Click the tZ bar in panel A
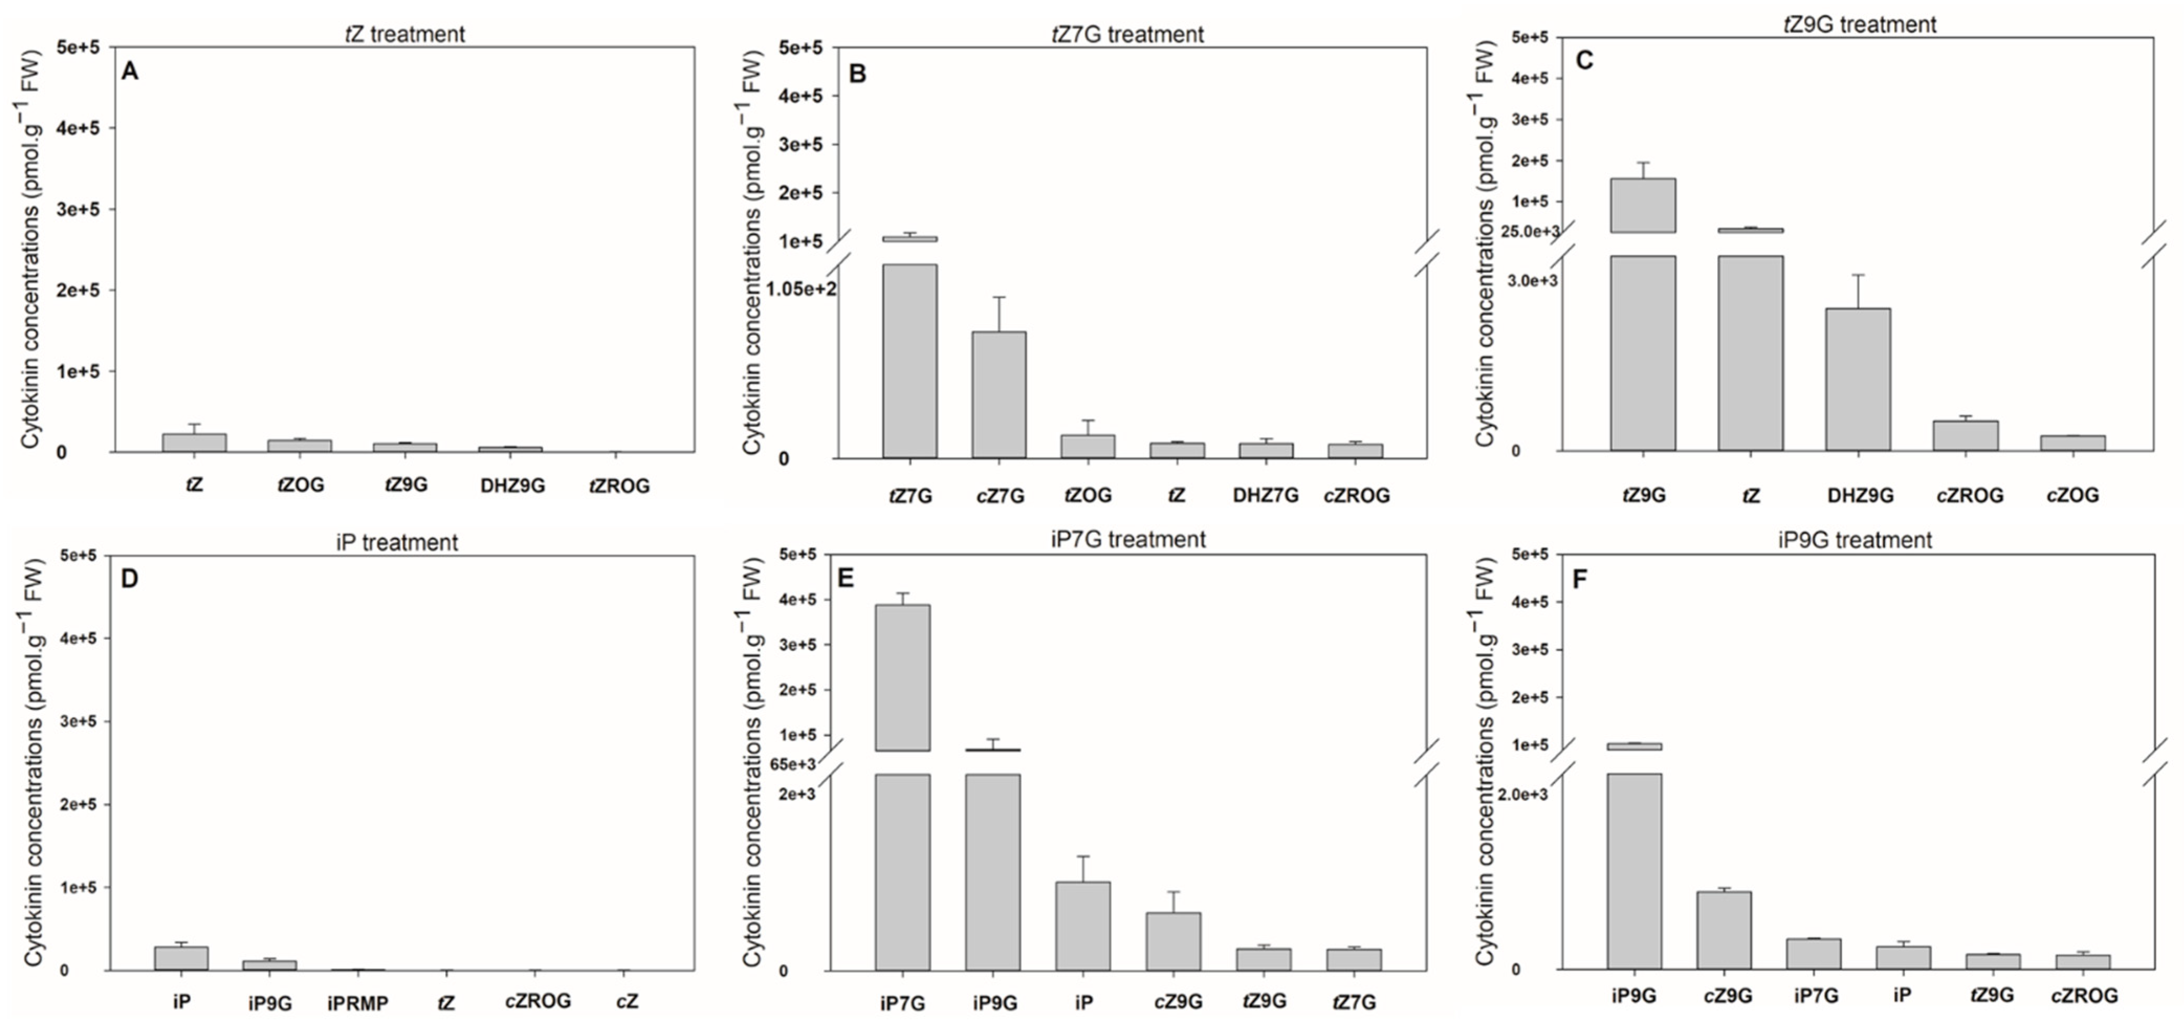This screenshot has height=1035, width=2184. coord(194,443)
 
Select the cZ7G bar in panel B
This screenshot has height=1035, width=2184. coord(999,395)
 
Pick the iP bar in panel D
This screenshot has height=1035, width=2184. coord(181,958)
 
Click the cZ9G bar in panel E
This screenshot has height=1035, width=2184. coord(1173,941)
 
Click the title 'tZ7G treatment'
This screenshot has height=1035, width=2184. coord(1128,35)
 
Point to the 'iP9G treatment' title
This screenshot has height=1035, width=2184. coord(1855,540)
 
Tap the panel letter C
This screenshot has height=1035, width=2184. coord(1584,60)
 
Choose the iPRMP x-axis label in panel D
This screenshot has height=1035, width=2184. coord(358,1004)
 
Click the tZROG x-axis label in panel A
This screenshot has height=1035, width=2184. coord(619,486)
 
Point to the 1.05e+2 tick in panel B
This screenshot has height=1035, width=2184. coord(801,289)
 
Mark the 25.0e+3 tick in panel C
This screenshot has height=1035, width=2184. coord(1529,232)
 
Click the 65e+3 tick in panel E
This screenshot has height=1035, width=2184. coord(793,764)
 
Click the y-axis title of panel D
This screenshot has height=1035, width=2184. coord(32,763)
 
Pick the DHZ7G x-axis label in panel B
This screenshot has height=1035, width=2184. coord(1265,495)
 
